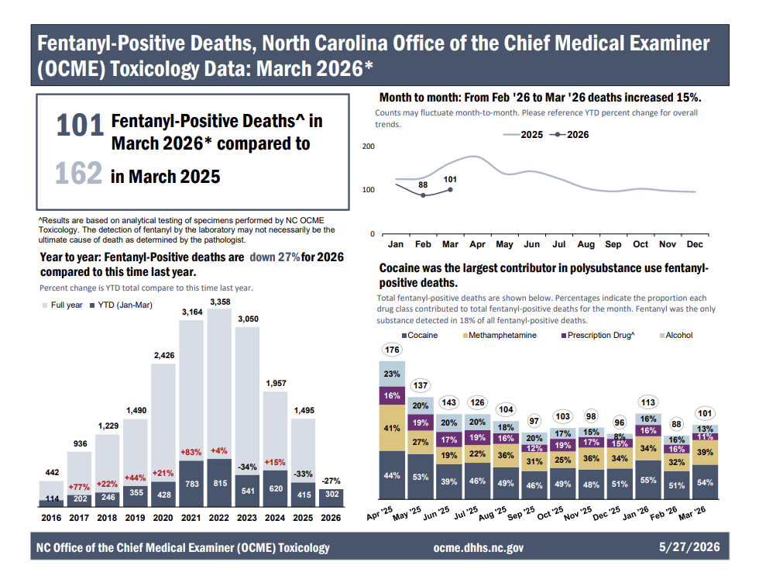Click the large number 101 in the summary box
coord(80,125)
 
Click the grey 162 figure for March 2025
coord(78,173)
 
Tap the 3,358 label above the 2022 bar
coord(220,302)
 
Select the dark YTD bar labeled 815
coord(220,482)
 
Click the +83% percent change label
coord(191,453)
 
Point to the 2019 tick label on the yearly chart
coord(135,518)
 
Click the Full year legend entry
coord(63,305)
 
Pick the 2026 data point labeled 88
coord(423,195)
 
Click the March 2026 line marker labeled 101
coord(450,190)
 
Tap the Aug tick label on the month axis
coord(586,244)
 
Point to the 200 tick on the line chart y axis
coord(369,146)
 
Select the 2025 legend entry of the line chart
coord(524,135)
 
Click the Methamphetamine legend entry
coord(500,335)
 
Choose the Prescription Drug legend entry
coord(598,335)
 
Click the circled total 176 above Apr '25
coord(392,350)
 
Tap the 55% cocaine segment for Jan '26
coord(648,480)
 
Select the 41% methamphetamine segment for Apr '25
coord(392,428)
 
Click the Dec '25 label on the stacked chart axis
coord(606,513)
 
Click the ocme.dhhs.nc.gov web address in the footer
coord(479,548)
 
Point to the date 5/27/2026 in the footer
coord(689,546)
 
